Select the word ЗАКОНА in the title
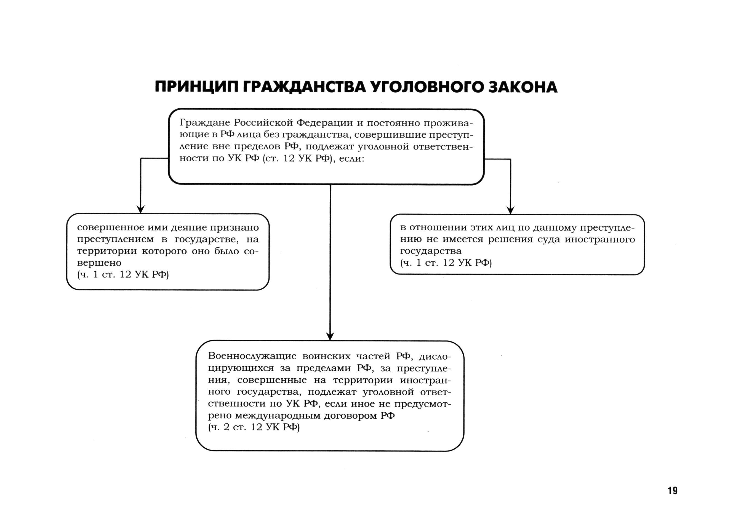523,87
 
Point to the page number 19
672,490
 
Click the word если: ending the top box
351,159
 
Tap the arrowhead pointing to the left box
141,209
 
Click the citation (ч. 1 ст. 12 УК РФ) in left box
123,274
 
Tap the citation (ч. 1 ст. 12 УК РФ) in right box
446,263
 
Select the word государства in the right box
431,251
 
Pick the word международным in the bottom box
278,416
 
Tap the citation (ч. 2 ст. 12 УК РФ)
254,427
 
